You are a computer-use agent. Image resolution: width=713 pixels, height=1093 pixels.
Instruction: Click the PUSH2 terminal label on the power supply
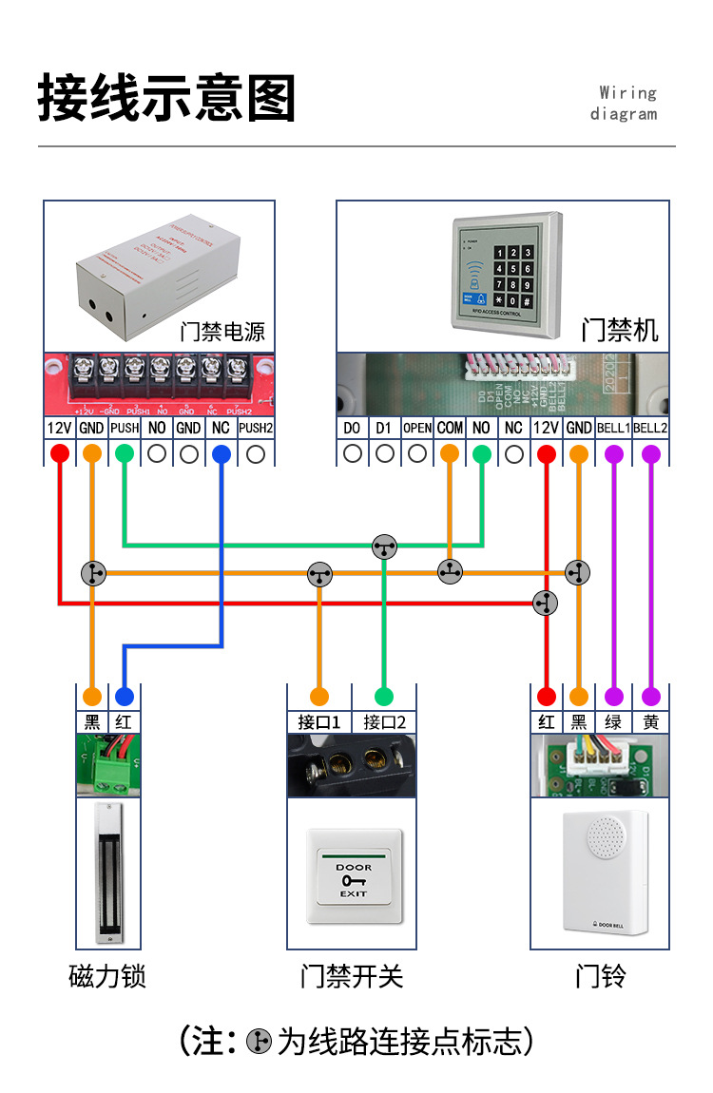[x=256, y=429]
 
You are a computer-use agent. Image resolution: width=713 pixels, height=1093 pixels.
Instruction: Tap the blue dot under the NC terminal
[x=222, y=454]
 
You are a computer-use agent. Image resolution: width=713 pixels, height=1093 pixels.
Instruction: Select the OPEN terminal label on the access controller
[x=417, y=429]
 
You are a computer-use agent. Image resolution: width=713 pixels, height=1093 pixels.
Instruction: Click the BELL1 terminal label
[x=614, y=429]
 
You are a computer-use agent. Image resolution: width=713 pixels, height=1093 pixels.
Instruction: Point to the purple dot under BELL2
[x=651, y=454]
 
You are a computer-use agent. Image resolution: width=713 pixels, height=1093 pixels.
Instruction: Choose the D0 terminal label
[x=353, y=429]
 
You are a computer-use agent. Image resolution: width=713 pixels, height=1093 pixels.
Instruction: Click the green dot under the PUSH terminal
[x=125, y=454]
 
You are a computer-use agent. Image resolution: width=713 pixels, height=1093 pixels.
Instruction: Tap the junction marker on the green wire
[x=383, y=546]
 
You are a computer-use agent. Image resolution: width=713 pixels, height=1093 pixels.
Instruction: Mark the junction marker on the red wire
[x=546, y=602]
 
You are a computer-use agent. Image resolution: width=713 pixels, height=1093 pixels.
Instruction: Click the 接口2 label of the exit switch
[x=384, y=722]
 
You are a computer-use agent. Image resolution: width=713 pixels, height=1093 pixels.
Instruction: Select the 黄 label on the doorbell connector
[x=651, y=722]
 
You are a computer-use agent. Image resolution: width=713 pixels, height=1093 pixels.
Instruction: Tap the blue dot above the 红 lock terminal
[x=125, y=695]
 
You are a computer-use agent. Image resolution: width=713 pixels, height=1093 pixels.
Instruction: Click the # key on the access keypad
[x=527, y=301]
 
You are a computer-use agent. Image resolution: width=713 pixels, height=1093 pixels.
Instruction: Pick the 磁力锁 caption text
[x=107, y=976]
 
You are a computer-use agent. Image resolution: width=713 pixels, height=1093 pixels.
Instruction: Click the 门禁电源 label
[x=222, y=332]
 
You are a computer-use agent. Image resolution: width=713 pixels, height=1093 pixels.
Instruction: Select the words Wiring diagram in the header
[x=625, y=104]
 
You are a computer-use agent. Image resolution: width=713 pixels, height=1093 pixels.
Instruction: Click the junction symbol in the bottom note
[x=259, y=1042]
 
